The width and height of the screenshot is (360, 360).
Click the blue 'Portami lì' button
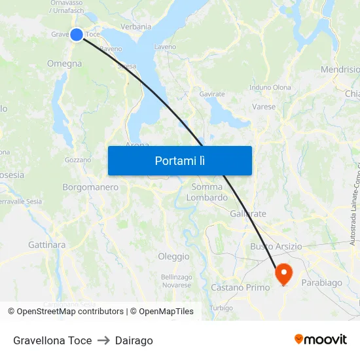179,160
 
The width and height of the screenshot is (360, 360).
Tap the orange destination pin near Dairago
284,273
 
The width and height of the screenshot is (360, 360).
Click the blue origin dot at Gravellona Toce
77,35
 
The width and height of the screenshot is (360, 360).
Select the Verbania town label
135,27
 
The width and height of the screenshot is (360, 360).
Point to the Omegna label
64,63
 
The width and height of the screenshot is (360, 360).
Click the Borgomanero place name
90,187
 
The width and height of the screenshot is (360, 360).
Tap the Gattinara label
46,245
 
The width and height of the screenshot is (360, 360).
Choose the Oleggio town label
173,257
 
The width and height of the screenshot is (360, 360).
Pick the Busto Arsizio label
276,246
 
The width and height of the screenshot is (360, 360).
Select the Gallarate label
248,213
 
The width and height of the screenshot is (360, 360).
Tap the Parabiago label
321,283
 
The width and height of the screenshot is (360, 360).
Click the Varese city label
264,106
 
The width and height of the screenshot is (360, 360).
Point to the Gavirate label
212,94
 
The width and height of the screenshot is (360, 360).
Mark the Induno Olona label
270,87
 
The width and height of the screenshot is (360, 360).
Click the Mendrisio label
340,69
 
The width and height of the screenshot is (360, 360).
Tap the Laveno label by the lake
165,47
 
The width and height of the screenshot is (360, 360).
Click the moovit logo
320,340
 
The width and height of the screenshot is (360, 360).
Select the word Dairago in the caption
134,340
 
